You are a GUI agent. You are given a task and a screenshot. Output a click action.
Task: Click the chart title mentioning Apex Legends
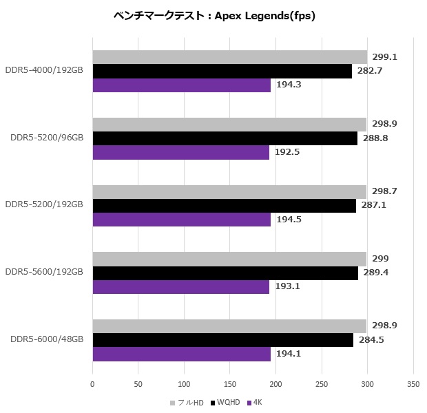pyautogui.click(x=213, y=16)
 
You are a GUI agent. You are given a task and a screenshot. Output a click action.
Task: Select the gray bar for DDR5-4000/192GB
pyautogui.click(x=229, y=57)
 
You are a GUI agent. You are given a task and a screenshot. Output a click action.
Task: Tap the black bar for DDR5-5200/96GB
pyautogui.click(x=225, y=138)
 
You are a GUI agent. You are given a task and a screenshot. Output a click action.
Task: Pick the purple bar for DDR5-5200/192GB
pyautogui.click(x=182, y=220)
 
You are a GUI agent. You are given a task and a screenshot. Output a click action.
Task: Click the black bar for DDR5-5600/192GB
pyautogui.click(x=225, y=273)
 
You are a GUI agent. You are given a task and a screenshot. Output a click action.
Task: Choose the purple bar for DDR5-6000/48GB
pyautogui.click(x=182, y=354)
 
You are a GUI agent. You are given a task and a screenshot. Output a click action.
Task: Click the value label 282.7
pyautogui.click(x=370, y=71)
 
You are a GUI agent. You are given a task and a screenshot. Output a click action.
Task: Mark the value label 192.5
pyautogui.click(x=287, y=152)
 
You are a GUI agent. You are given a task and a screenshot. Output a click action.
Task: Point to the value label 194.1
pyautogui.click(x=289, y=354)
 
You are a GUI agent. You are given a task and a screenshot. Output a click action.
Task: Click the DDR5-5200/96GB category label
pyautogui.click(x=47, y=138)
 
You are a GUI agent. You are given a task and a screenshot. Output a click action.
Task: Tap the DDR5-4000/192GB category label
pyautogui.click(x=44, y=70)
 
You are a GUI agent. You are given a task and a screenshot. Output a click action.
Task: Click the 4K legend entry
pyautogui.click(x=256, y=402)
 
